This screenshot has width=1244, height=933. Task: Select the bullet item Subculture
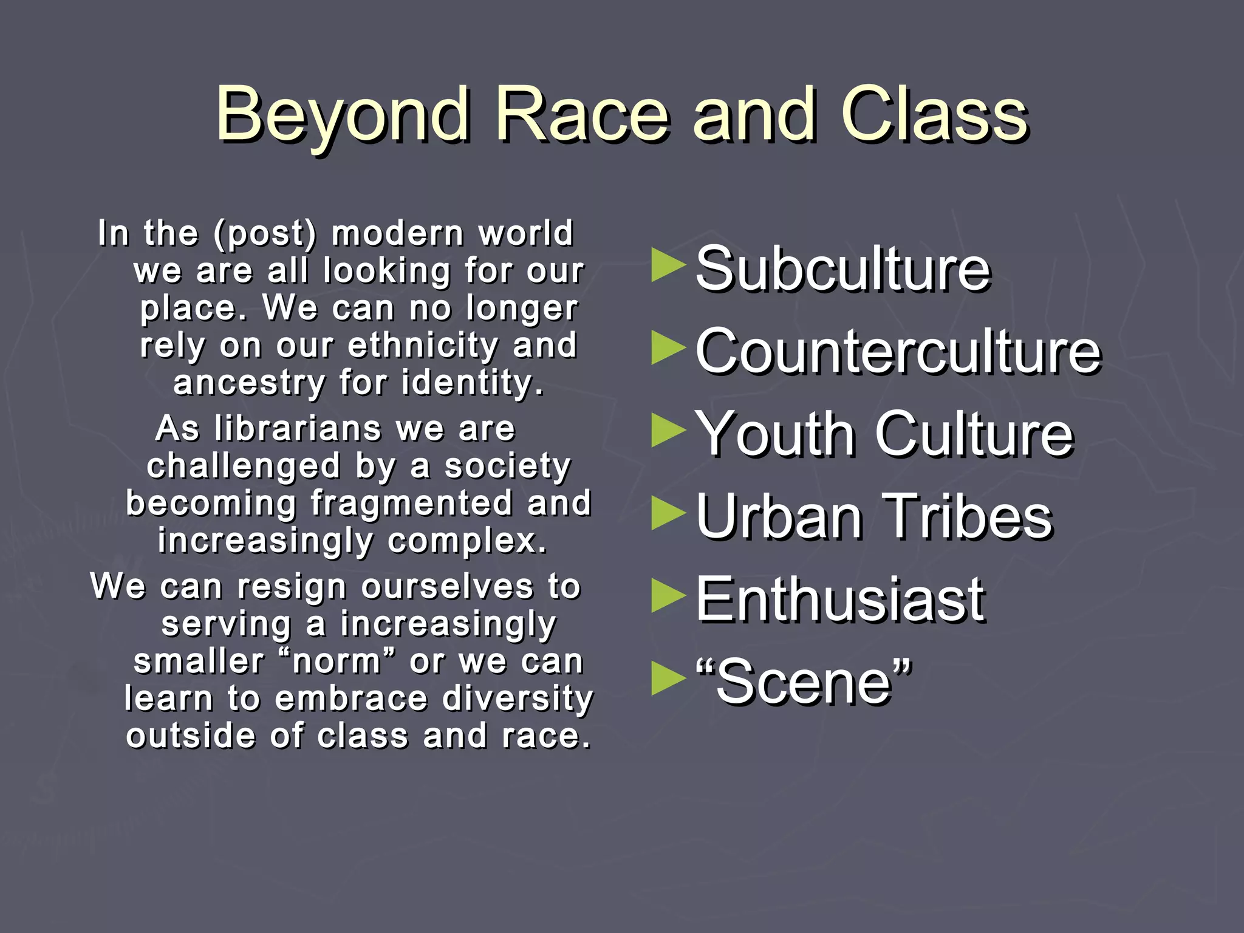click(842, 269)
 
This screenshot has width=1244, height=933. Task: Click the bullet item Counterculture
click(898, 352)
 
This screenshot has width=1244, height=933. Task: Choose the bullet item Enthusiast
click(840, 600)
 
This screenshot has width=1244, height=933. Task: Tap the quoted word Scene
click(804, 683)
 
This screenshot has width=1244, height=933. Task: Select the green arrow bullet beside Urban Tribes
click(668, 513)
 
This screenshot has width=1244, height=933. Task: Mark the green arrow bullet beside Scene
click(668, 678)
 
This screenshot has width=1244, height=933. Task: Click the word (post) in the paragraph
click(265, 234)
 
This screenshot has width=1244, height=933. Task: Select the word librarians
click(298, 429)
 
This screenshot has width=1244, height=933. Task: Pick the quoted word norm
click(336, 661)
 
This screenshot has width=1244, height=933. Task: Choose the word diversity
click(518, 699)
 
